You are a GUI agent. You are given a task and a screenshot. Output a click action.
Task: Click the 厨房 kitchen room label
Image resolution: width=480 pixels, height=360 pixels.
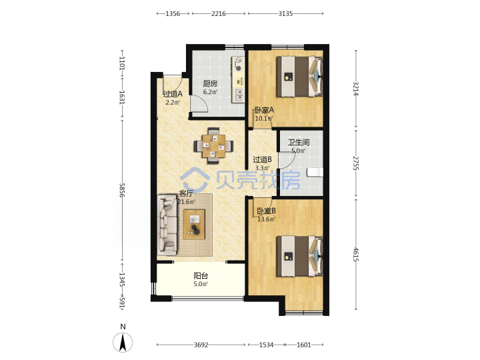(210, 83)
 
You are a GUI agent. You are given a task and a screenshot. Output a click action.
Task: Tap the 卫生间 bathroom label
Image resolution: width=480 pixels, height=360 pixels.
(299, 143)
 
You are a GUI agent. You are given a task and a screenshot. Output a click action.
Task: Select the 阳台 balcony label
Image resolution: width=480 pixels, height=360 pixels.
(201, 275)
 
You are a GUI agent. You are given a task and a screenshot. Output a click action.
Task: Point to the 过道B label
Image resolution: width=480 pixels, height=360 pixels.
(263, 159)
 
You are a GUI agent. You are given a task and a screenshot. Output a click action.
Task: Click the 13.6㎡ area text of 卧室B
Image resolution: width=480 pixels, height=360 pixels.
(266, 219)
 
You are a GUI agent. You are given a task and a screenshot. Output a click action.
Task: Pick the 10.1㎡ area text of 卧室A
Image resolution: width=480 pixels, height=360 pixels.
(264, 119)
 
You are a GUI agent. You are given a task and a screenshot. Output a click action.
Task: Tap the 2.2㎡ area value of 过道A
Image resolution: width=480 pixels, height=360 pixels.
(173, 103)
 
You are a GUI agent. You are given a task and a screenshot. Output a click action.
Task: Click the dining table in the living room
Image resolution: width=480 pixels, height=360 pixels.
(214, 146)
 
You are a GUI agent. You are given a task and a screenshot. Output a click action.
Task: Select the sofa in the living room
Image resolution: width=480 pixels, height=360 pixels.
(167, 225)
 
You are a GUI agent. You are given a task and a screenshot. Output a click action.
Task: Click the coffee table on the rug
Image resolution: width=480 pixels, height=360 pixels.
(194, 225)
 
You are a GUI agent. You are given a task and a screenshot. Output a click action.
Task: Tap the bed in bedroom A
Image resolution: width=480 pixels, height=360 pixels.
(300, 76)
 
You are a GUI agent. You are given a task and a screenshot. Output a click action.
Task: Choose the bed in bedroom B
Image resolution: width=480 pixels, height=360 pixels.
(300, 256)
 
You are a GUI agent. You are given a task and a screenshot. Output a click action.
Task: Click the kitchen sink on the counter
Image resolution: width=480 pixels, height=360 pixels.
(239, 95)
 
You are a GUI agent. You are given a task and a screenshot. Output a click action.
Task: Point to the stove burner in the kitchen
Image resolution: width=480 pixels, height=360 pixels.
(238, 68)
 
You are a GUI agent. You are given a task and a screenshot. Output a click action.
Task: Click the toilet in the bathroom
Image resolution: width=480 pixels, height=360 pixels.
(315, 172)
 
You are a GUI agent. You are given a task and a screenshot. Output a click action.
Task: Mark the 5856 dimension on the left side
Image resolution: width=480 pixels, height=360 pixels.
(122, 191)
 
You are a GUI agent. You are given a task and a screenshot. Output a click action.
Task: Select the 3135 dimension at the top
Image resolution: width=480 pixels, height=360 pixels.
(285, 13)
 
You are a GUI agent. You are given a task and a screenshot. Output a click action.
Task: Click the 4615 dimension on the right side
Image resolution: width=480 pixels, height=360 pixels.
(355, 255)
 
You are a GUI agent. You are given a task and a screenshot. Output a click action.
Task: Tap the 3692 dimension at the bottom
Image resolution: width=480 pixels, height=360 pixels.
(201, 345)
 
